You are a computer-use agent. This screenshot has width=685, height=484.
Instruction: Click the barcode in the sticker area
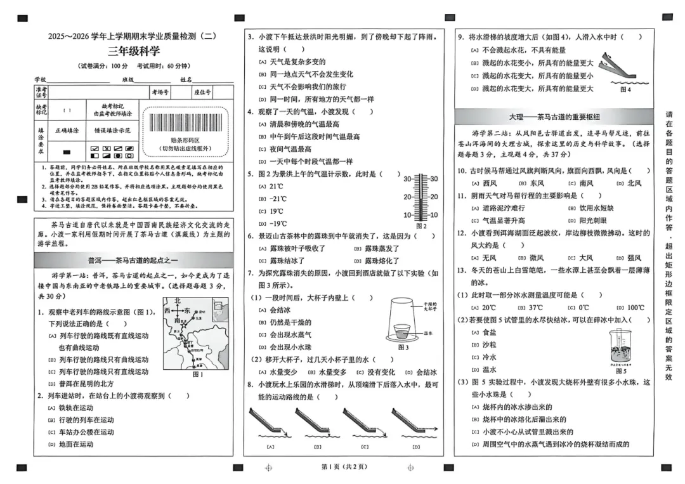185,122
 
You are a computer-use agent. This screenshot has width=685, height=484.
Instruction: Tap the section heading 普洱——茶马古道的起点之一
133,261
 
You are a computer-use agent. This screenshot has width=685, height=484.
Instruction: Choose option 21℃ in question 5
277,186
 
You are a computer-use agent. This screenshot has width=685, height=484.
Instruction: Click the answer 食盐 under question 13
489,332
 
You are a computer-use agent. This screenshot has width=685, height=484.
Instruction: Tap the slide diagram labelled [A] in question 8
270,424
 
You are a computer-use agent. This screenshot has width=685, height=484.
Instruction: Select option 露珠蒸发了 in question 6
382,249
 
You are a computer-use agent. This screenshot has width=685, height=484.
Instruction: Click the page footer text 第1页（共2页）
343,467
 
